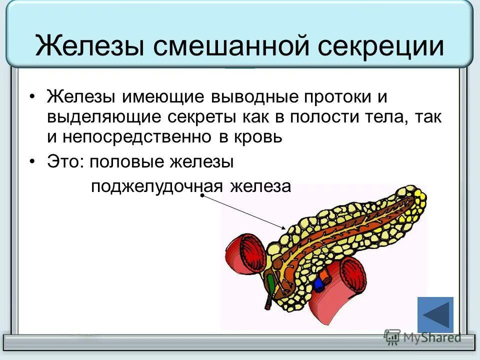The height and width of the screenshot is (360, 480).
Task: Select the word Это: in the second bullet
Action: point(64,161)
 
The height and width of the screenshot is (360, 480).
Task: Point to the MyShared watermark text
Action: point(429,337)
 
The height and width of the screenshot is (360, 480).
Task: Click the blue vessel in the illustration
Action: point(318,284)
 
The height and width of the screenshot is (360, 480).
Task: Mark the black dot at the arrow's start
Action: point(202,195)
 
